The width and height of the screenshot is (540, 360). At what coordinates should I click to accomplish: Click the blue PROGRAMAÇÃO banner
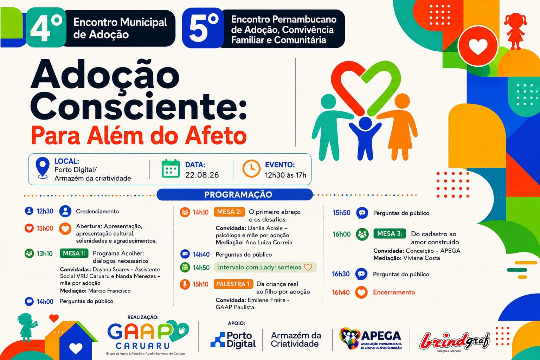(x=234, y=194)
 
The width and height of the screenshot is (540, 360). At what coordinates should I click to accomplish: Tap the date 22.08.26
(x=202, y=175)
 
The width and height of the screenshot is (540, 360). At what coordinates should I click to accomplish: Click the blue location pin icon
(x=43, y=168)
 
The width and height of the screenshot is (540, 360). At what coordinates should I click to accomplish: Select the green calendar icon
(x=171, y=168)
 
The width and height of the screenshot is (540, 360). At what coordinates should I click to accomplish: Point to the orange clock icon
(x=251, y=168)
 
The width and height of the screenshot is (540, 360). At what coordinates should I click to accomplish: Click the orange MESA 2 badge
(x=229, y=212)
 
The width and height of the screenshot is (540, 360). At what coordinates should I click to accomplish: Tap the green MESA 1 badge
(x=74, y=253)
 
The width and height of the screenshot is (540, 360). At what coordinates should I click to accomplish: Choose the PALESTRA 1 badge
(x=233, y=284)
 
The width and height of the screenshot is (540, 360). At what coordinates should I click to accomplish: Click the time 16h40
(x=341, y=292)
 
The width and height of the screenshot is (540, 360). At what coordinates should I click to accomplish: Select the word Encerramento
(x=394, y=292)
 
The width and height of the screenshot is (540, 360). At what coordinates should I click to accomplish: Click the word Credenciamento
(x=97, y=211)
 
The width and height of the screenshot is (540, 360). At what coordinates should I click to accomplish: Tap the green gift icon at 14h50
(x=185, y=268)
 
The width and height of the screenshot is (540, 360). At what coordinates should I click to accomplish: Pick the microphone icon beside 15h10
(x=185, y=284)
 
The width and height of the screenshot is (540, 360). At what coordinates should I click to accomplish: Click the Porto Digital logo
(x=233, y=340)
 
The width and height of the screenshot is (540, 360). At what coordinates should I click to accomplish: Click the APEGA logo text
(x=381, y=336)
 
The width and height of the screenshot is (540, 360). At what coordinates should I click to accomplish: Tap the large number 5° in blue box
(x=203, y=28)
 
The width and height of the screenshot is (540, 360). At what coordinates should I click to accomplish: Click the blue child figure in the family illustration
(x=365, y=138)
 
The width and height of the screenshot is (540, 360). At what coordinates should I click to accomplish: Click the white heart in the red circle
(x=478, y=46)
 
